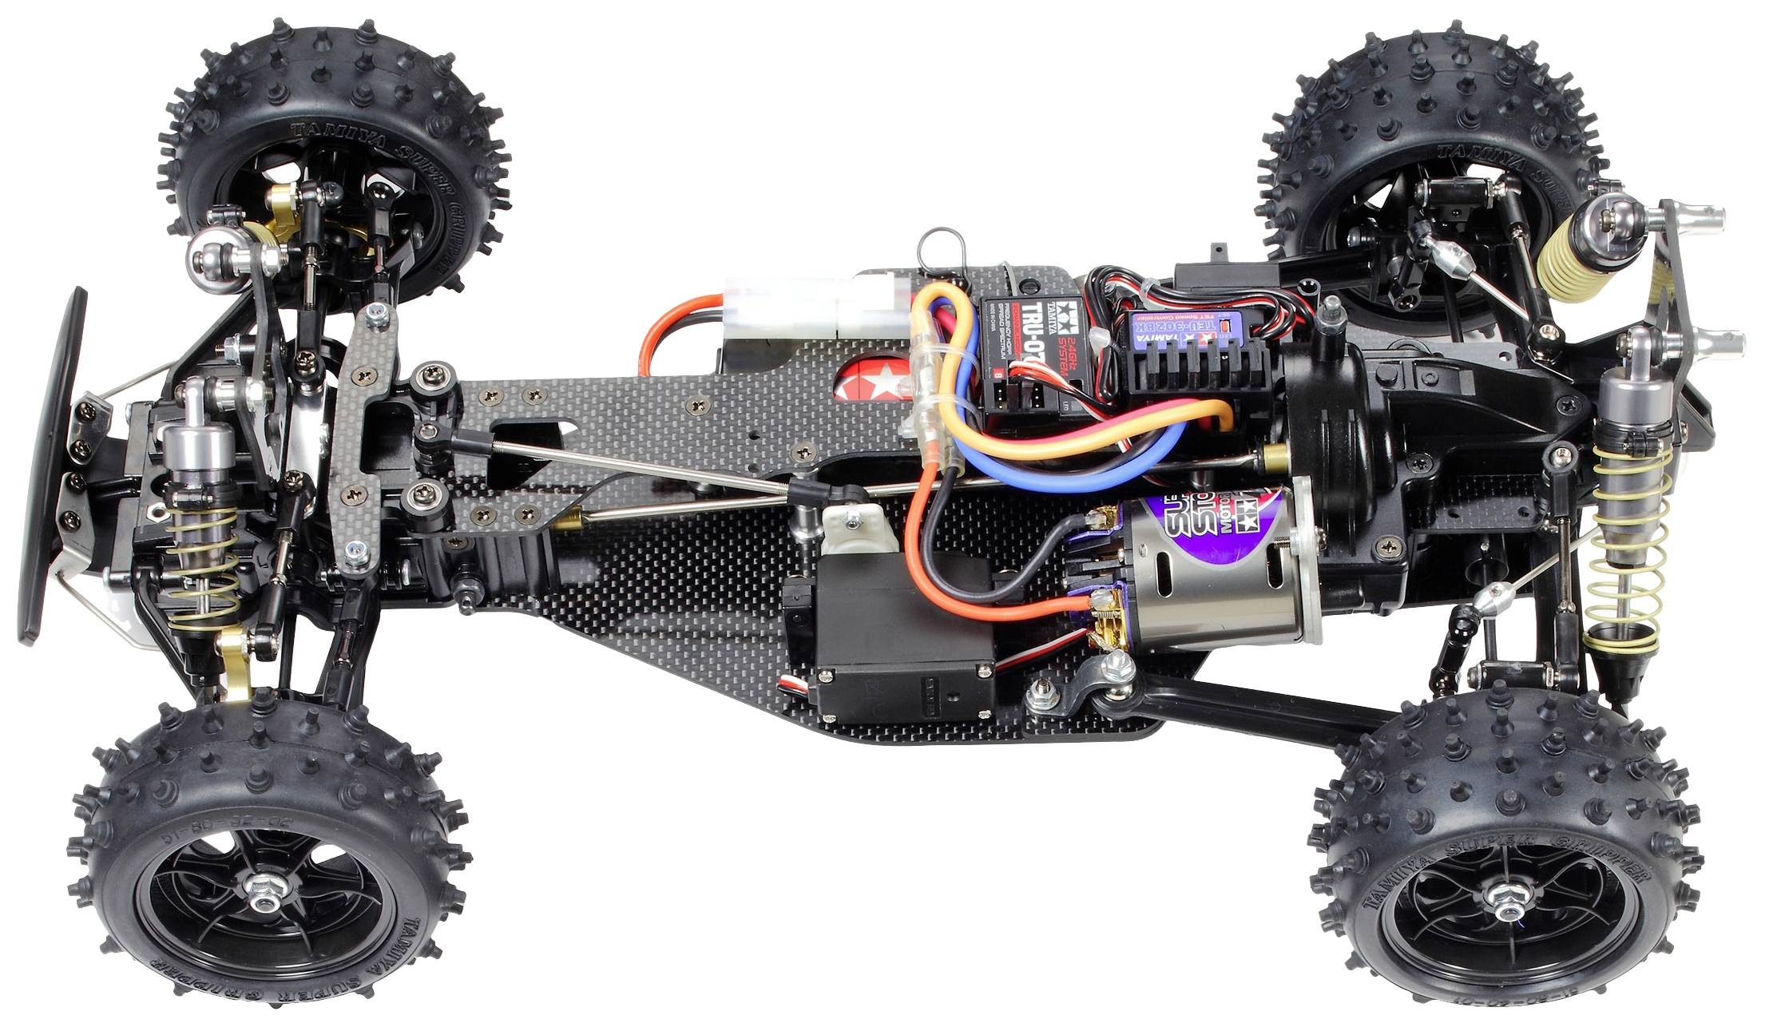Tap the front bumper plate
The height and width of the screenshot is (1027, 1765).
click(x=52, y=463)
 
